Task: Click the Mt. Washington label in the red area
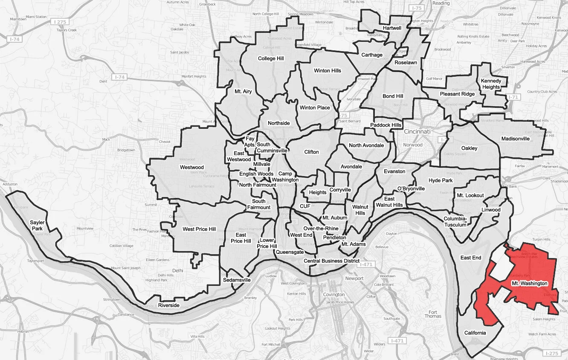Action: [529, 283]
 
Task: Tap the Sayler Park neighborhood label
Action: [37, 226]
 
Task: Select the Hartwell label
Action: [392, 28]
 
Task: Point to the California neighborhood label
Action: [475, 333]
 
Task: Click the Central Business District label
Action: [331, 261]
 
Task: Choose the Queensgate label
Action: [290, 252]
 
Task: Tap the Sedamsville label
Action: [237, 280]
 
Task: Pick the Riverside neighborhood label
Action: [168, 305]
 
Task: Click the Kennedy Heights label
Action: [490, 84]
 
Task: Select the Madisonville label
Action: [515, 139]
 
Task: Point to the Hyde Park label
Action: [440, 180]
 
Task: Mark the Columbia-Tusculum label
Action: [456, 221]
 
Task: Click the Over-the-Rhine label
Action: [321, 229]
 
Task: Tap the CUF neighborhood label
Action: [305, 206]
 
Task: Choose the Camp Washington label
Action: [285, 177]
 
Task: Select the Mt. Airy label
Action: [243, 91]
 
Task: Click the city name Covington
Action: [334, 295]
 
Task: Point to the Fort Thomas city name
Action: [433, 314]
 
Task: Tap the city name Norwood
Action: [413, 145]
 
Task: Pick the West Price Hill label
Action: [199, 229]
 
